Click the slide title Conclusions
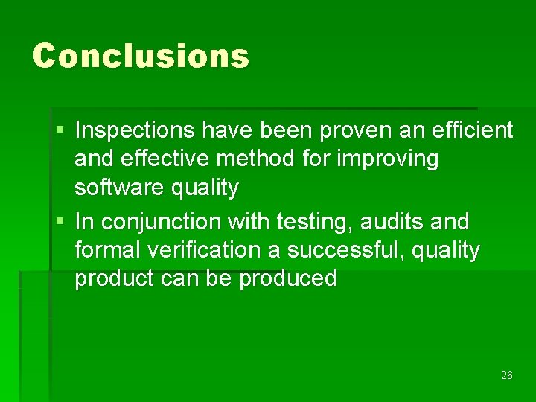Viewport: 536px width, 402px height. (141, 56)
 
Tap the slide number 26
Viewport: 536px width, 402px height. (507, 376)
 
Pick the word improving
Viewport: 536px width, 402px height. (391, 159)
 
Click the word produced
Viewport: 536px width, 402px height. (288, 278)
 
